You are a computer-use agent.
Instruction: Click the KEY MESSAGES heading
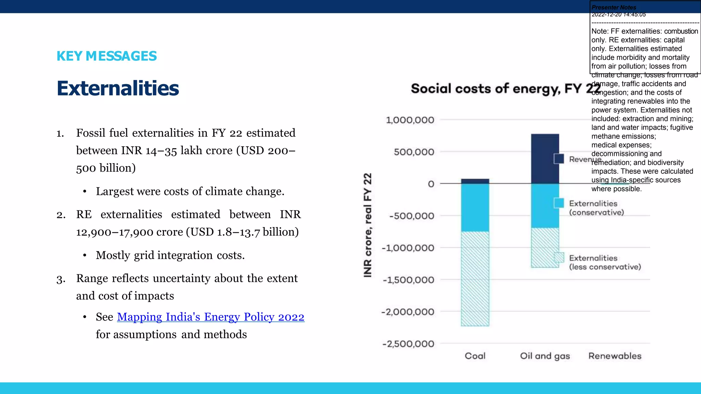tap(106, 56)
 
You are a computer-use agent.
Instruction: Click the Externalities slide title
tap(118, 88)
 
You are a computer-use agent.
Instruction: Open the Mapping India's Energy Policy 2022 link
tap(211, 317)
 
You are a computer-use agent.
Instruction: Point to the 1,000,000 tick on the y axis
tap(410, 120)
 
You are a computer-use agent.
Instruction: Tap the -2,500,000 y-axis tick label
tap(408, 344)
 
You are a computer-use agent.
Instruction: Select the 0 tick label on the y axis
tap(431, 184)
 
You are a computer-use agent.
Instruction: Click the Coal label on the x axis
tap(475, 356)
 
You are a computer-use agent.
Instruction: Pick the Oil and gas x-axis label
tap(545, 356)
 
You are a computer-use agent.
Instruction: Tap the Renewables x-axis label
tap(615, 356)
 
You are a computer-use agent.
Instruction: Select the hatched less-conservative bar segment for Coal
tap(475, 279)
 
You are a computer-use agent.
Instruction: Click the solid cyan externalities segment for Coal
tap(475, 208)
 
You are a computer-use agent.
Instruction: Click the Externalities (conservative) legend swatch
tap(559, 203)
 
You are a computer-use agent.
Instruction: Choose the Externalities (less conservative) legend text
tap(605, 263)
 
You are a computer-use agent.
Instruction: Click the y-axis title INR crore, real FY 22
tap(368, 225)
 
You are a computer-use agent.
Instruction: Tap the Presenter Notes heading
tap(614, 7)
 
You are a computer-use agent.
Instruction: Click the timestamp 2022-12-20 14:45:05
tap(619, 14)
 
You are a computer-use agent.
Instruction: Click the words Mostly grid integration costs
tap(170, 255)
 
